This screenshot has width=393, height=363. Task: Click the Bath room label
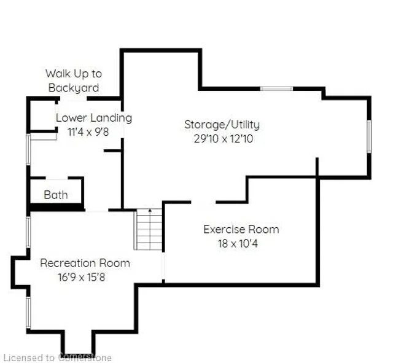(56, 195)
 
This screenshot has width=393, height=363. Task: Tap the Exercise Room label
(241, 230)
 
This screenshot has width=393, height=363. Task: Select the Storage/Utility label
(222, 125)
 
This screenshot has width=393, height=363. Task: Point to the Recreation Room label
(85, 263)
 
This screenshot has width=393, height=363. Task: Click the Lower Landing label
(93, 117)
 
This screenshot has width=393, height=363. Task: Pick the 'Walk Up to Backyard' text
(73, 80)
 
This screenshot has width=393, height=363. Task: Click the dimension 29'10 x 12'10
(222, 139)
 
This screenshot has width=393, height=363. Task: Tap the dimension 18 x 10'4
(241, 243)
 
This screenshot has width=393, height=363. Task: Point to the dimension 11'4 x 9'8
(92, 131)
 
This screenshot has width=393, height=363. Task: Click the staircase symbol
(149, 229)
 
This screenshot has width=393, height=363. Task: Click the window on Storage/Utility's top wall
(276, 89)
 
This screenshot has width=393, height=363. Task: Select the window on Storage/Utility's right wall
(368, 136)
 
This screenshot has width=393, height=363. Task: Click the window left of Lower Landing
(28, 149)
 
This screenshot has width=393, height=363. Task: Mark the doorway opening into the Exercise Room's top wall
(203, 201)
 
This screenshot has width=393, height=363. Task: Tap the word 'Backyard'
(73, 88)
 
